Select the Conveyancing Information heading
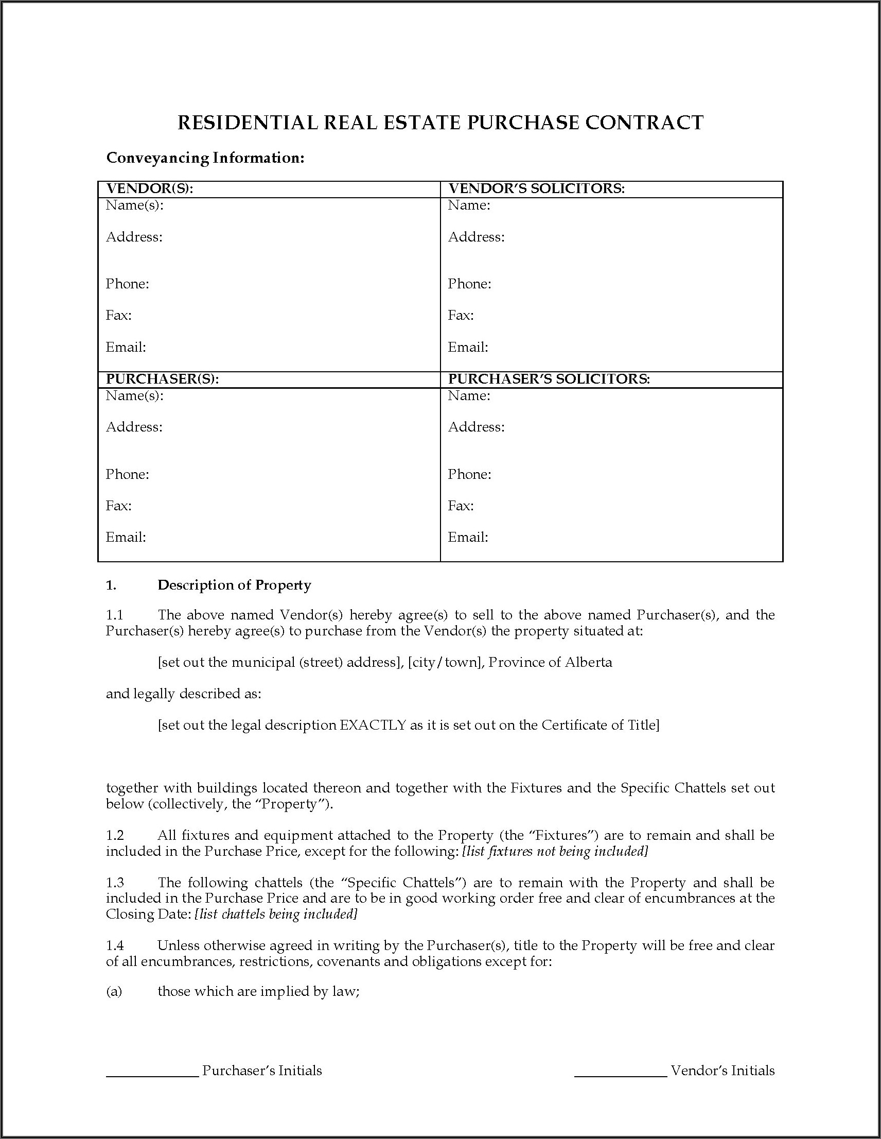tap(205, 158)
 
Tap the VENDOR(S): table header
tap(150, 189)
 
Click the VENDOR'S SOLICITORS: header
tap(536, 189)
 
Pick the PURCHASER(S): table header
tap(162, 379)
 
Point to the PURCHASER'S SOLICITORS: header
tap(549, 379)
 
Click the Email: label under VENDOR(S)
tap(126, 348)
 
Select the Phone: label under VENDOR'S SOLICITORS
tap(469, 284)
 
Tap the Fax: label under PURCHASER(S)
tap(118, 506)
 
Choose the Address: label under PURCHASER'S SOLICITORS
tap(476, 427)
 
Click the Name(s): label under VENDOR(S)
tap(134, 205)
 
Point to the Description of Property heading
tap(234, 585)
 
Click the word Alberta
tap(588, 663)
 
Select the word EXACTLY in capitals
tap(373, 726)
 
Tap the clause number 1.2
tap(115, 836)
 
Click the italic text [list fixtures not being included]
tap(555, 852)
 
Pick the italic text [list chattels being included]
tap(276, 914)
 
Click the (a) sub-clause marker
tap(114, 991)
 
